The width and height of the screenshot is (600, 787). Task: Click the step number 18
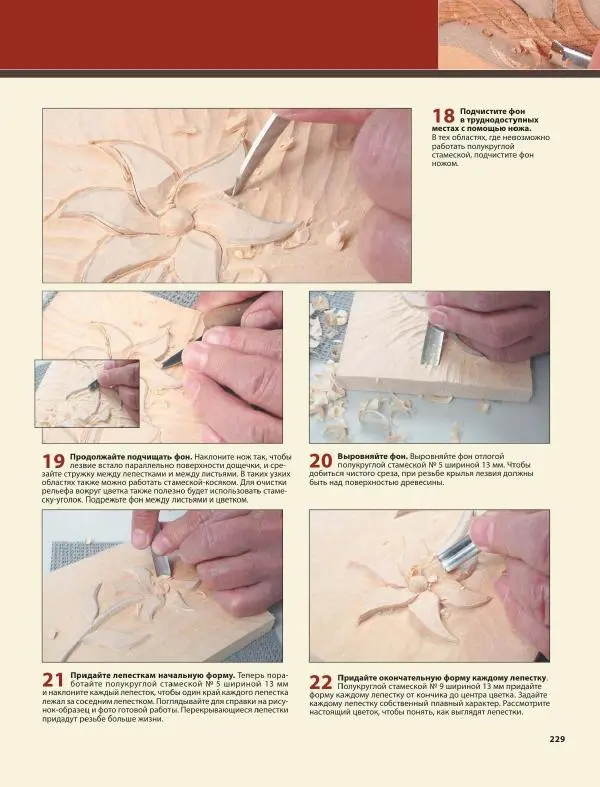(443, 116)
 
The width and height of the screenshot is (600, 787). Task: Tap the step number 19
(53, 461)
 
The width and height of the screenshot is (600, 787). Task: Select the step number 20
(320, 461)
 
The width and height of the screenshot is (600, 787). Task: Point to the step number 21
(53, 680)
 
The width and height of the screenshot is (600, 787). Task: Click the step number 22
(320, 683)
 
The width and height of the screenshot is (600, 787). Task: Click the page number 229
(557, 739)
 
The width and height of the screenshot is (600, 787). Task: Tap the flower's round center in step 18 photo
(175, 220)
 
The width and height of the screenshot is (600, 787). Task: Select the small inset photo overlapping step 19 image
(87, 393)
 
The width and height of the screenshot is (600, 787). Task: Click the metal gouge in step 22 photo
(457, 553)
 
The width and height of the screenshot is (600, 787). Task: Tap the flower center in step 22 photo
(416, 582)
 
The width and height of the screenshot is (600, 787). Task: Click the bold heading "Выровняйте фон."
(372, 457)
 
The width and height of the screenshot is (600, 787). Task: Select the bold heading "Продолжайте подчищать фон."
(131, 457)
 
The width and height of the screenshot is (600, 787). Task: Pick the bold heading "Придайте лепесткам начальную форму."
(153, 675)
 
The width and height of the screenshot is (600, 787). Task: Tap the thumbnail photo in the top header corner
(519, 34)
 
